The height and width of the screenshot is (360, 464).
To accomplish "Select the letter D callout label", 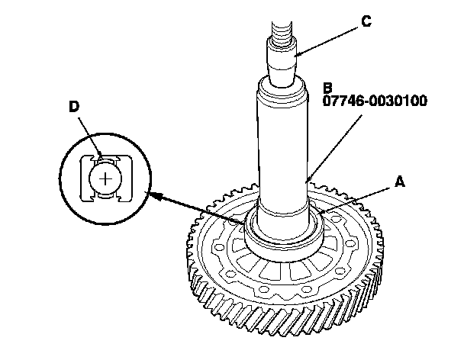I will (74, 108).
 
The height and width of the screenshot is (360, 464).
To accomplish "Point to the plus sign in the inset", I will (105, 178).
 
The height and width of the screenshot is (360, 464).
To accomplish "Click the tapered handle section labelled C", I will (282, 65).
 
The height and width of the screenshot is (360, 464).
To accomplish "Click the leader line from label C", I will (328, 37).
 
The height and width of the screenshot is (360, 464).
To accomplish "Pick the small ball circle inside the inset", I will (105, 178).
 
